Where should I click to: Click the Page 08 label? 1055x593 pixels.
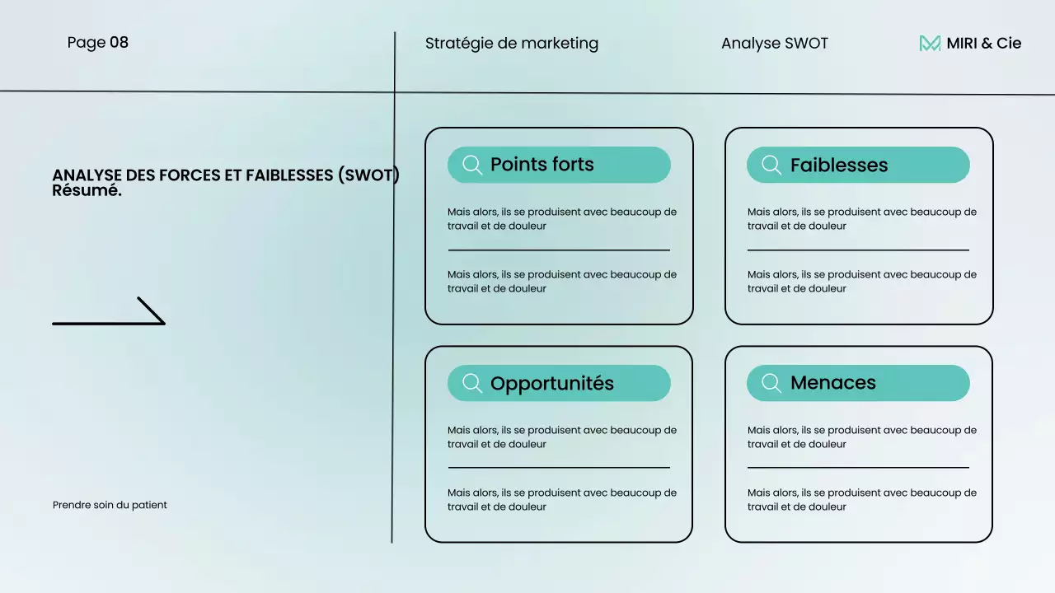[97, 42]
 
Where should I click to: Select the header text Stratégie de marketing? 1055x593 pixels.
[511, 44]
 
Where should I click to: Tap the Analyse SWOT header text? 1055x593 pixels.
[774, 44]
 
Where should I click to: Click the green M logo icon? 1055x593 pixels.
[930, 44]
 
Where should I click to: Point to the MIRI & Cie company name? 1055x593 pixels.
[983, 44]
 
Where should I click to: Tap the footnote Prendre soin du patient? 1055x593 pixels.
[110, 505]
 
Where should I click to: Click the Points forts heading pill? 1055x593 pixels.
[559, 165]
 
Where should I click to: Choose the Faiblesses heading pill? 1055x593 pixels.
[858, 165]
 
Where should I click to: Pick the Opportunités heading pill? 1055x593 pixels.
[559, 383]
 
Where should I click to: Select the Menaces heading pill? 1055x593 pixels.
[858, 383]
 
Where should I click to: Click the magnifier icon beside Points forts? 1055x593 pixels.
[472, 165]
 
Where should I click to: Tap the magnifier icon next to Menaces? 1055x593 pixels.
[771, 383]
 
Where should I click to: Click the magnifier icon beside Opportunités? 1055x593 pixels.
[472, 383]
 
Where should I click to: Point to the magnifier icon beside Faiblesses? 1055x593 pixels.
[771, 165]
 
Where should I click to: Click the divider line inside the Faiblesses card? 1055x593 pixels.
[858, 250]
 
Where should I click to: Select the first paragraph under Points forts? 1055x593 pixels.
[562, 218]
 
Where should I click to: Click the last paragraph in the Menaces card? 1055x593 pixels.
[861, 499]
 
